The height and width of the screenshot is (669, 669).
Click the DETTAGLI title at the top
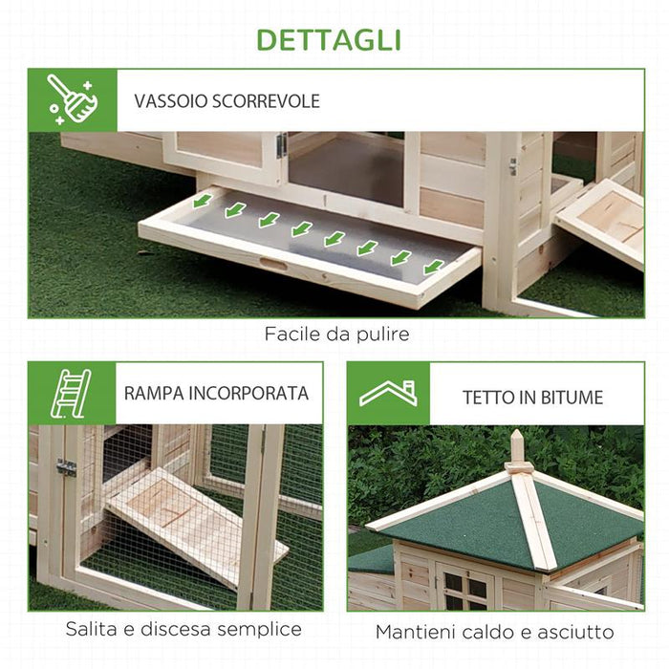[x=334, y=40]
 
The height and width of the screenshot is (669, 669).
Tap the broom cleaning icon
[x=73, y=100]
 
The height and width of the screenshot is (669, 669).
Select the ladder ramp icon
[x=73, y=393]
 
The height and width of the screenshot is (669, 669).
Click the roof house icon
[x=388, y=393]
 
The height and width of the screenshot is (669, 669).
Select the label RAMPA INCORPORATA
[x=216, y=393]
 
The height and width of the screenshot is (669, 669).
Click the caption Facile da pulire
[x=334, y=334]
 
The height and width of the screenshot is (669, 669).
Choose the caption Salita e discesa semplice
[x=183, y=629]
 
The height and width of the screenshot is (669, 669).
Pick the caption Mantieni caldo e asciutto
[x=495, y=632]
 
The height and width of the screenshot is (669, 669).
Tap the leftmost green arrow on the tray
[x=202, y=203]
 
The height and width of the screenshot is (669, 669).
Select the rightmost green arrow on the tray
[x=434, y=267]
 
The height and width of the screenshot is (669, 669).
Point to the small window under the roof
[x=463, y=589]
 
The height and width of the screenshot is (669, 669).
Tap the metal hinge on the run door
[x=65, y=467]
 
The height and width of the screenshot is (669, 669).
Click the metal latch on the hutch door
[x=281, y=145]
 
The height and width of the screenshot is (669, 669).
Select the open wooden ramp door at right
[x=603, y=222]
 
